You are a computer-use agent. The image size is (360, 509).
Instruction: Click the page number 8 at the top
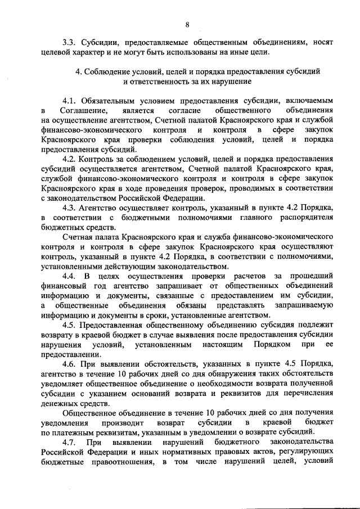point(187,24)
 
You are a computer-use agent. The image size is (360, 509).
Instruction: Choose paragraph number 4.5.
point(71,326)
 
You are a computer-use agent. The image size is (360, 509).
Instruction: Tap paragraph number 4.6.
point(71,366)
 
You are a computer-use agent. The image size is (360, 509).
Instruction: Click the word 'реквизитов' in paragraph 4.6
point(261,396)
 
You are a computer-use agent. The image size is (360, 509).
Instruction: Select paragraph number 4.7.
point(71,442)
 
